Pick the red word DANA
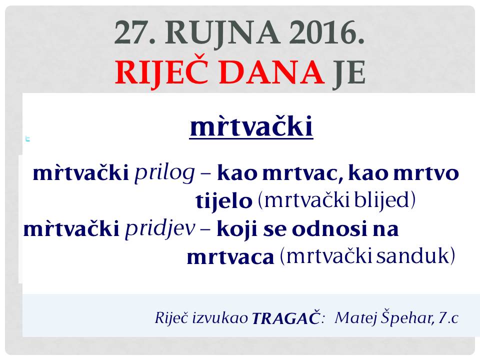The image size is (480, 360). tap(271, 72)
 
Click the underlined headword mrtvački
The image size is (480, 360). tap(251, 126)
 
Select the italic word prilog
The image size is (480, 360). tap(164, 173)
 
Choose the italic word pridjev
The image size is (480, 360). tap(160, 229)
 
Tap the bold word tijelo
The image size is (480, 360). tap(224, 201)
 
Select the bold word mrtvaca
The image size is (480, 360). tap(230, 257)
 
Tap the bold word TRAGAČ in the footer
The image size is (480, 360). tap(285, 318)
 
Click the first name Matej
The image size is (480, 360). tap(355, 318)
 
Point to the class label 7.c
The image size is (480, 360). tap(448, 318)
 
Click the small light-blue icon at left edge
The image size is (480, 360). tap(27, 139)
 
